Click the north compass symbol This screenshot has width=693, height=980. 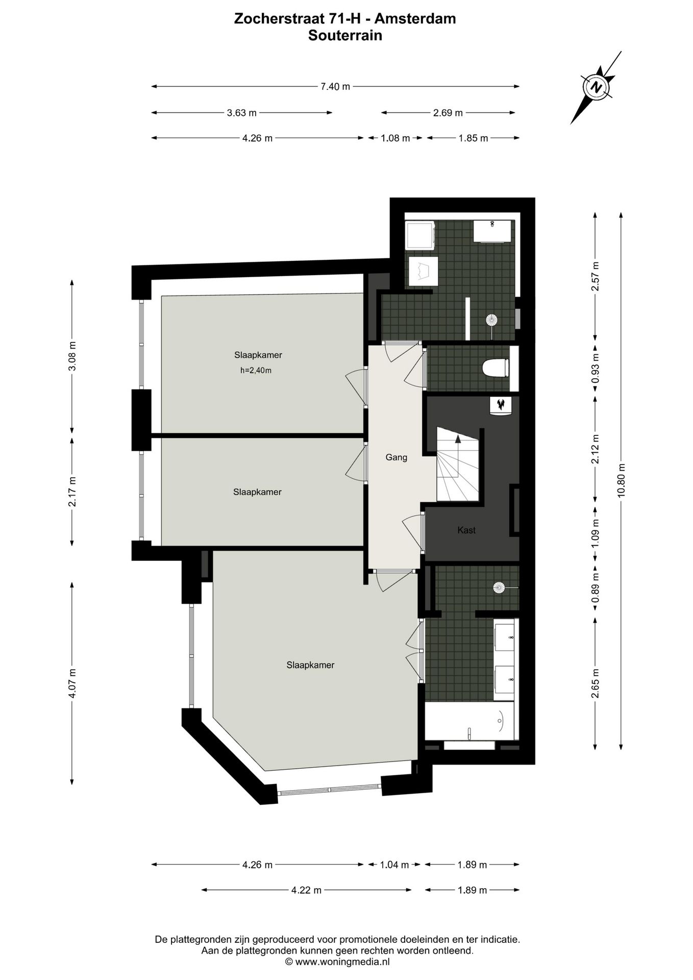[x=595, y=87]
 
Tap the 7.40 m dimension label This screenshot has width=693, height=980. [x=335, y=87]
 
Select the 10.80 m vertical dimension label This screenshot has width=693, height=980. [x=621, y=480]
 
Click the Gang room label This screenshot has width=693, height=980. [x=396, y=457]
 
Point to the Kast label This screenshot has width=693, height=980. [x=466, y=530]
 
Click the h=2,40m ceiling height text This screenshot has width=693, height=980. [x=256, y=371]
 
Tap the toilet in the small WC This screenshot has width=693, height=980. [x=496, y=368]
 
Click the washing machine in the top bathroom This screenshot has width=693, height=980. [x=419, y=235]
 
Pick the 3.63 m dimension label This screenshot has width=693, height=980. [x=241, y=113]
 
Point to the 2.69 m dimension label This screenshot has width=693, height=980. [x=448, y=113]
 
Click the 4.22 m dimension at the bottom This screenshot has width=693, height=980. [x=306, y=891]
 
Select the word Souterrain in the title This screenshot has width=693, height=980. [x=345, y=35]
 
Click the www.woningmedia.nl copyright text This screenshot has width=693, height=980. [x=337, y=961]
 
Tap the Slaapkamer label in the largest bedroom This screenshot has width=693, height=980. [x=310, y=665]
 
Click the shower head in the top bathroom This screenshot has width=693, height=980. [x=491, y=320]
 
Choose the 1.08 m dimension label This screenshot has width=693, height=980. [x=395, y=138]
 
